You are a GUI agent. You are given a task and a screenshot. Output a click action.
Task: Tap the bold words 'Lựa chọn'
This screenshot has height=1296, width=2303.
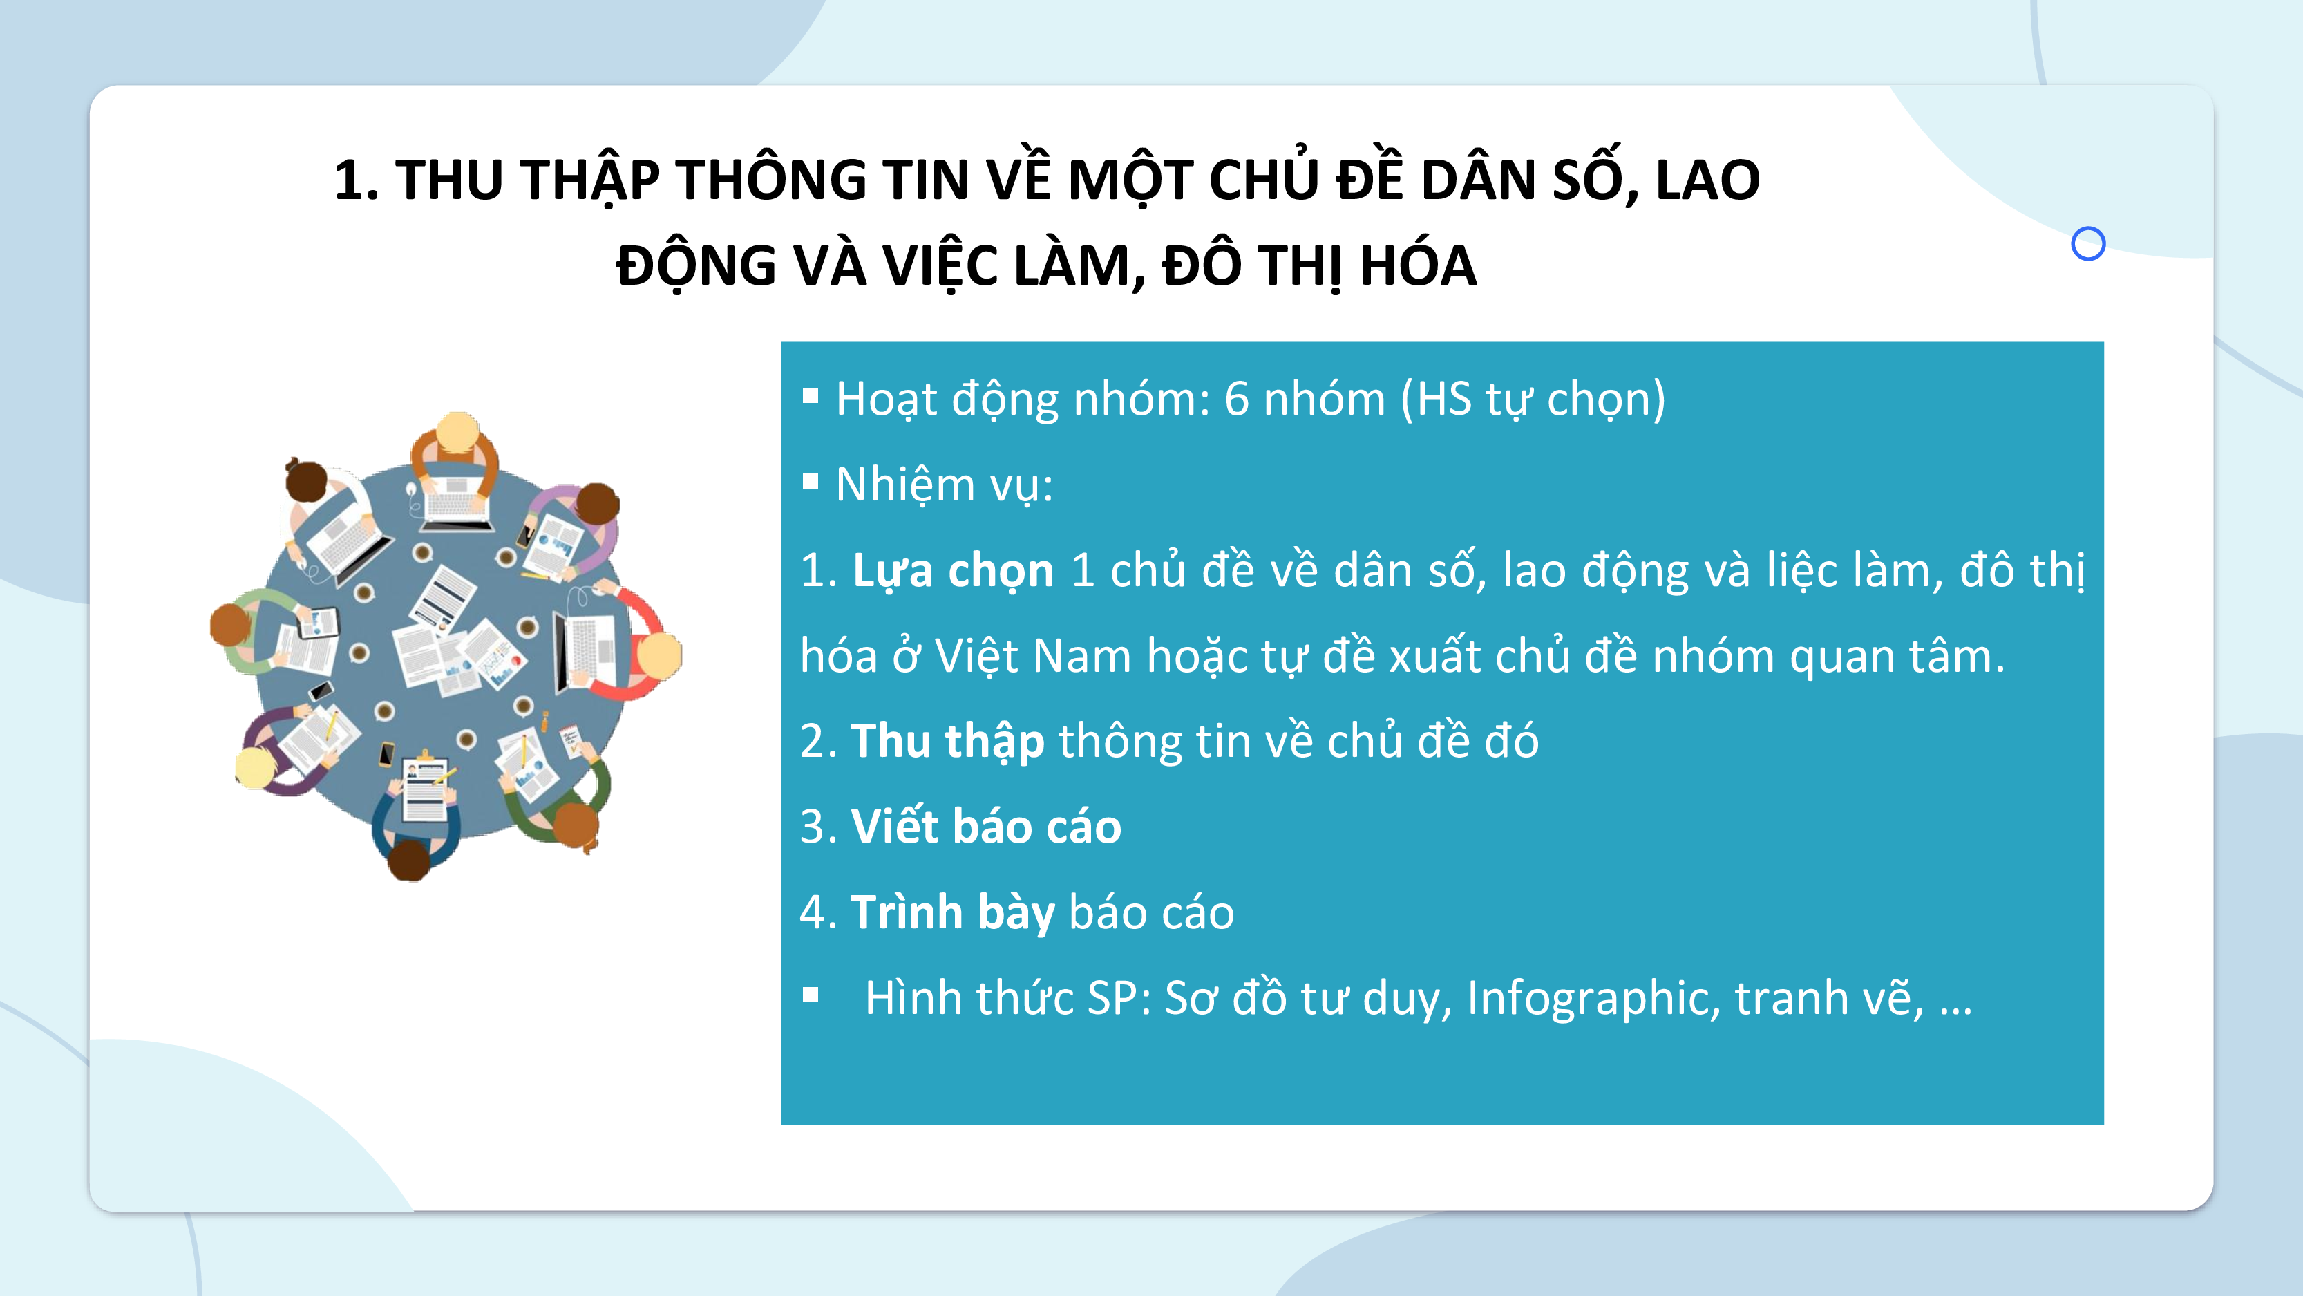pyautogui.click(x=953, y=571)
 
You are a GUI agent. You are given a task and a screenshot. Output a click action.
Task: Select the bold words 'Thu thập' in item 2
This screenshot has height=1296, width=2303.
pyautogui.click(x=947, y=742)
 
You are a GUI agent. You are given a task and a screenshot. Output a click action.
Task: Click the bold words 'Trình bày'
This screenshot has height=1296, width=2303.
pyautogui.click(x=952, y=912)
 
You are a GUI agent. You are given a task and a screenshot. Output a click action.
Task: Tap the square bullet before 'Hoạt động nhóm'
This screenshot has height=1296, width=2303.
pyautogui.click(x=811, y=396)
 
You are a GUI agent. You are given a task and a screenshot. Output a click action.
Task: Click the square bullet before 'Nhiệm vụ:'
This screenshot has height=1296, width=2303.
pyautogui.click(x=811, y=482)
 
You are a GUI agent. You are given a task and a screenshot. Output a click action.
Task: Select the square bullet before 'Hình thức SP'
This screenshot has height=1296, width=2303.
pyautogui.click(x=811, y=995)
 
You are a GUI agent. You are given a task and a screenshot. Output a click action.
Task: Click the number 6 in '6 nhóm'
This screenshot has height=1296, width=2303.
pyautogui.click(x=1236, y=399)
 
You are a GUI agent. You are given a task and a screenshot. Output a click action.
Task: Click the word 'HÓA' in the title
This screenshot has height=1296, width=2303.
pyautogui.click(x=1418, y=267)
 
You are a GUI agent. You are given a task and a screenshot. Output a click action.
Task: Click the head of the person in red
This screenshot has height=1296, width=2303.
pyautogui.click(x=659, y=655)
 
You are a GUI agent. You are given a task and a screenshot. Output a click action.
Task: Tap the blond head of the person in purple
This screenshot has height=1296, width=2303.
pyautogui.click(x=255, y=767)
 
